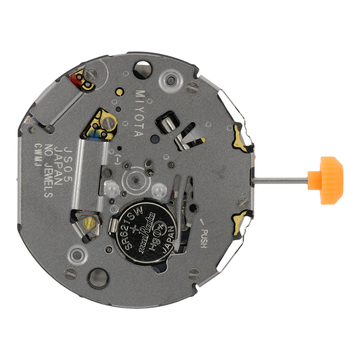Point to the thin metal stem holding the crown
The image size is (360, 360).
coord(285,180)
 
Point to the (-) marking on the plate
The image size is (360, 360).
coord(118,159)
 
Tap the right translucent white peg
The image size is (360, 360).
coord(158,189)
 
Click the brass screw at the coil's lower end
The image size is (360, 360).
coord(90,222)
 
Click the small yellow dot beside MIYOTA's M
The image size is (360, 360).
coord(120,92)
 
